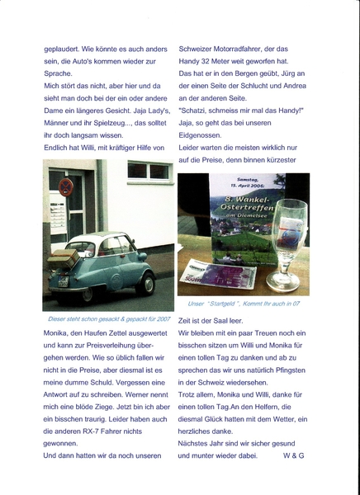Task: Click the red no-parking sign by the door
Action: click(x=66, y=189)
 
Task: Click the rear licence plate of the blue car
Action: click(x=63, y=281)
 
